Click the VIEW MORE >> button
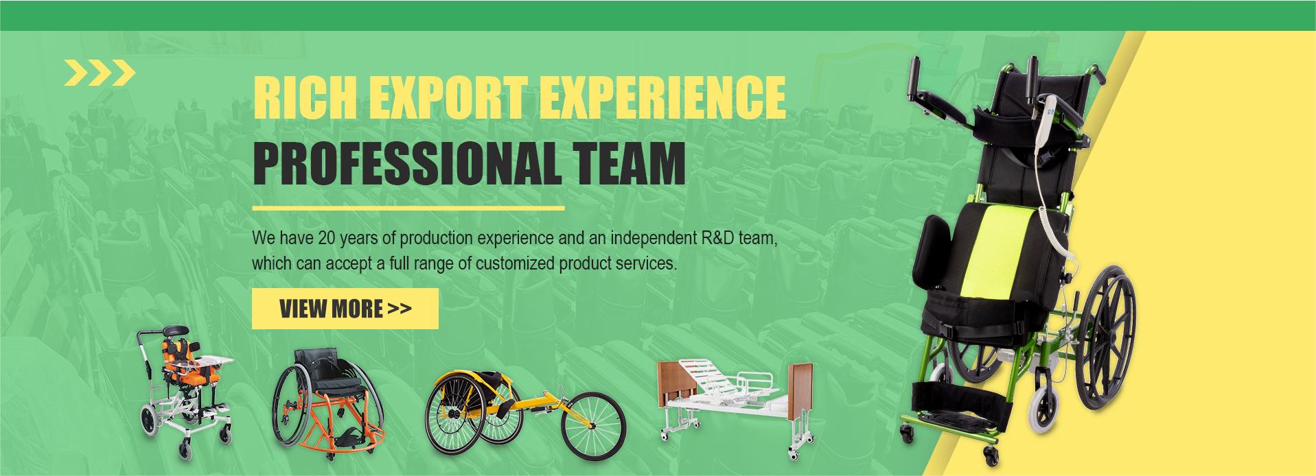345,309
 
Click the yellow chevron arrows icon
100,73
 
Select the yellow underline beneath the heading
408,206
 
